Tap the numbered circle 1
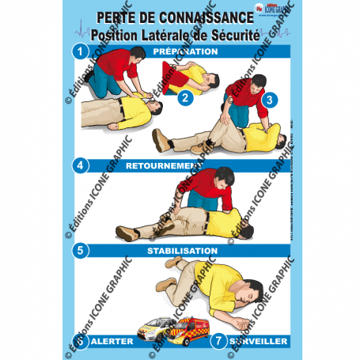point(78,51)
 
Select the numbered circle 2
point(184,98)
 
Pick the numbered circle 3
point(268,100)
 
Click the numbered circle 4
point(78,165)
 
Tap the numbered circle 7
point(218,341)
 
